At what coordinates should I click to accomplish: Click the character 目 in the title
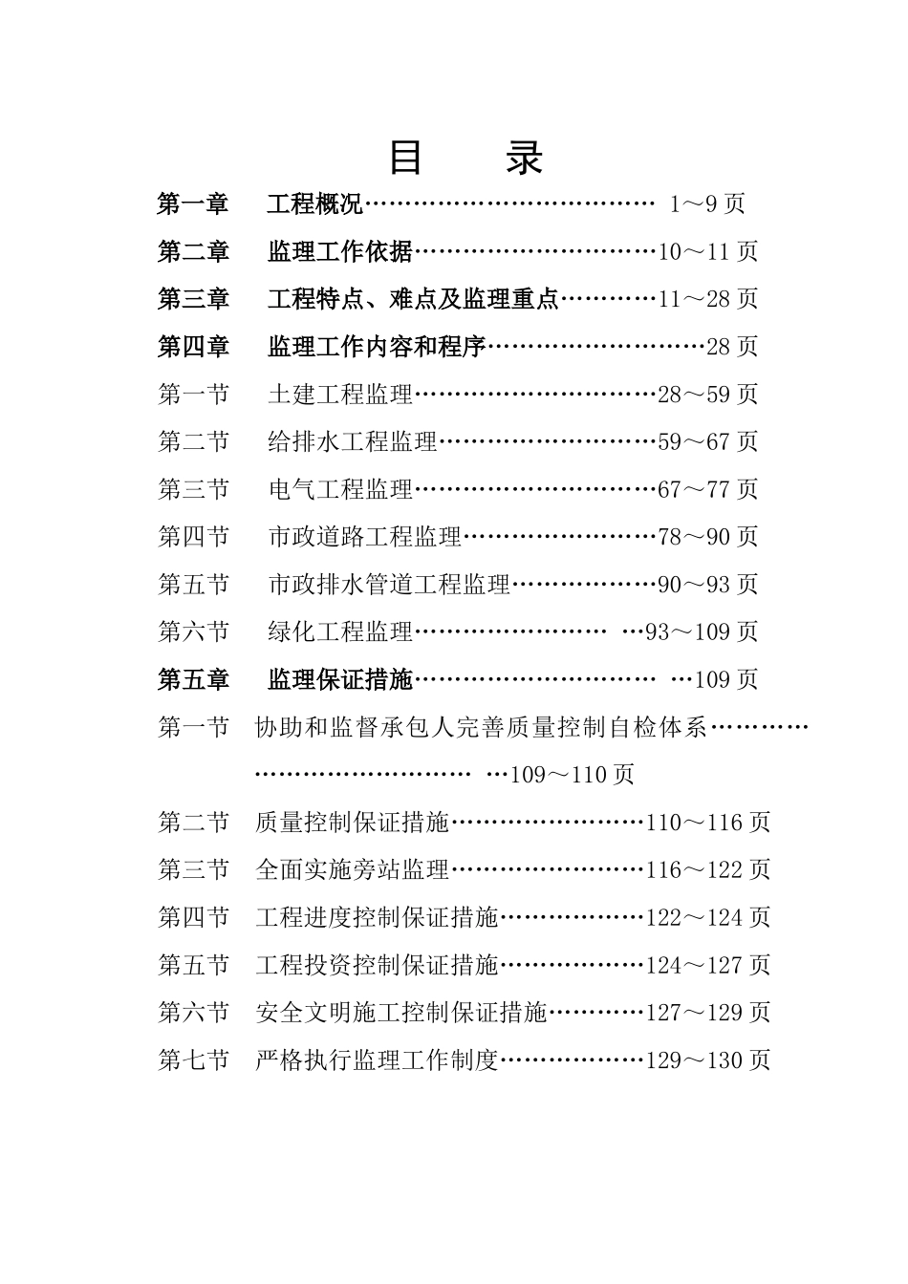(x=406, y=158)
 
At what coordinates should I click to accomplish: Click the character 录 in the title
(x=525, y=158)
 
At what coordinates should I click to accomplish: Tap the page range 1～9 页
(x=707, y=203)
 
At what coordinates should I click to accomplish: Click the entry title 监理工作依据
(x=340, y=251)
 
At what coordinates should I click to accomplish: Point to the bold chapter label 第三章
(x=194, y=299)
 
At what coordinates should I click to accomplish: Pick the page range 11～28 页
(x=708, y=299)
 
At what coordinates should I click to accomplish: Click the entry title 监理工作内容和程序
(x=378, y=347)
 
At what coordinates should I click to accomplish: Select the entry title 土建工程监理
(x=340, y=394)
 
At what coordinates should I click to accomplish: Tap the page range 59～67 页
(x=708, y=441)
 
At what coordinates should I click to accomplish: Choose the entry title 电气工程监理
(x=340, y=489)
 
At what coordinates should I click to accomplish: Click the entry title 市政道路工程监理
(x=365, y=537)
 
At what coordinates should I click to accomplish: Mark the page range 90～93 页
(x=708, y=584)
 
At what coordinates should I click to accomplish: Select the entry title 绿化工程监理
(x=340, y=631)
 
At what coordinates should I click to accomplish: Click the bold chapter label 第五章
(x=194, y=679)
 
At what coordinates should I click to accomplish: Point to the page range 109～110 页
(x=573, y=775)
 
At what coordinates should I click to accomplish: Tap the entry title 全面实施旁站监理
(x=353, y=870)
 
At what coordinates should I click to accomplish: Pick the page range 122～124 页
(x=708, y=918)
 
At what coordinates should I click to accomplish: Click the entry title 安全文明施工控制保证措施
(x=401, y=1013)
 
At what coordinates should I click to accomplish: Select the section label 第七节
(x=194, y=1060)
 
